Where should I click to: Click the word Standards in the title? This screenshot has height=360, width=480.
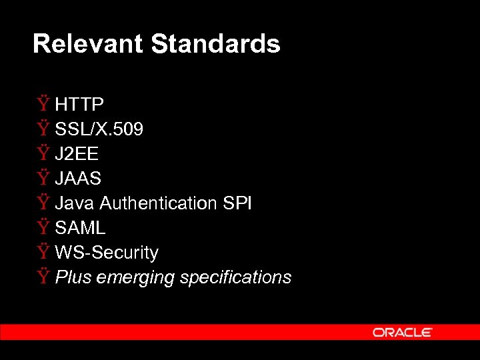pos(215,44)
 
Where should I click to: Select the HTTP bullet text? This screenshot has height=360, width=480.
pos(79,105)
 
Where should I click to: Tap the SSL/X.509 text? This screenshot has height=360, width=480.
pos(99,129)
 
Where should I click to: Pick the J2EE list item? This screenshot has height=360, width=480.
pos(77,154)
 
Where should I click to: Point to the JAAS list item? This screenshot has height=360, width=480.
pos(78,179)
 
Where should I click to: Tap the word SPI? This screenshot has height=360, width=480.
pos(237,203)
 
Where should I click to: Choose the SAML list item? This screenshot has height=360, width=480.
pos(80,228)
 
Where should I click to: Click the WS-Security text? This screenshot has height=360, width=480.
pos(107,253)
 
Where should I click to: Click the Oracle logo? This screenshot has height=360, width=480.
pos(403,332)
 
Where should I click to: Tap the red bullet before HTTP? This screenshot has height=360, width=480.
pos(43,104)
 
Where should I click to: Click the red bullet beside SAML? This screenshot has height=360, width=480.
pos(43,227)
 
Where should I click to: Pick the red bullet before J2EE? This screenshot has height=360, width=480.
pos(43,153)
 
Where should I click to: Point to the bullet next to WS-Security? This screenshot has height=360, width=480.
pos(43,252)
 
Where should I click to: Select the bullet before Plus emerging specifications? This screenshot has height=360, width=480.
pos(43,277)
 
